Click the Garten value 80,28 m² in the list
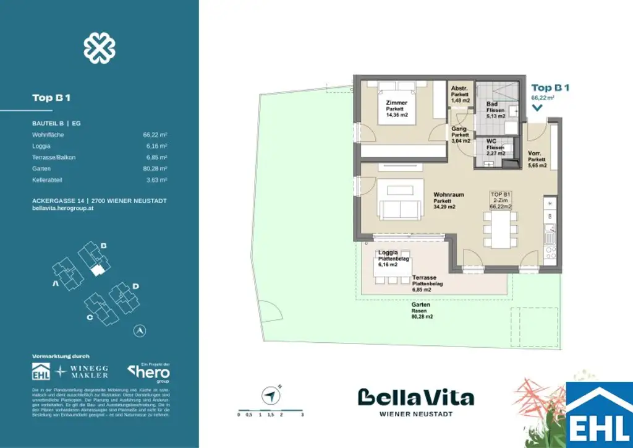click(155, 168)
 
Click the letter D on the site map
click(135, 286)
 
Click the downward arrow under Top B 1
click(537, 108)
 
